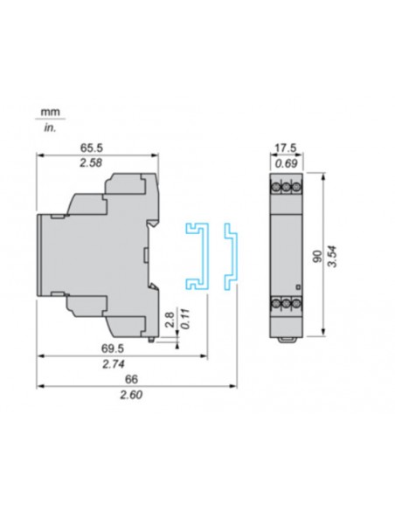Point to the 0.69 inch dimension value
tap(282, 163)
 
